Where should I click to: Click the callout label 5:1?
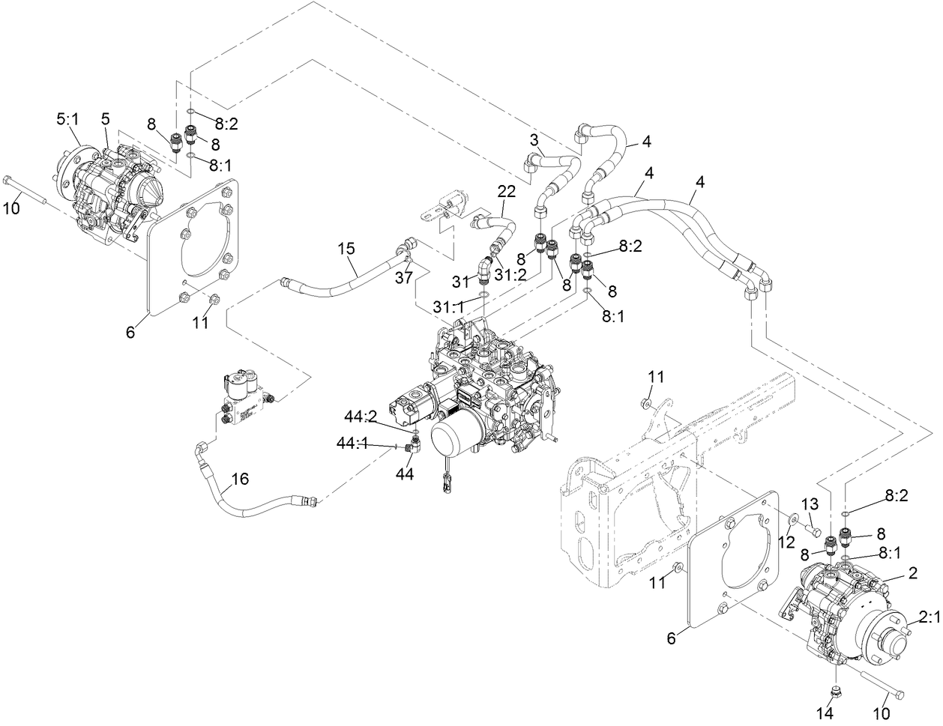pyautogui.click(x=68, y=118)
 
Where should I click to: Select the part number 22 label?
pyautogui.click(x=507, y=192)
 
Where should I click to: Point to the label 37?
pyautogui.click(x=405, y=279)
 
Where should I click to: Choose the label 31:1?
pyautogui.click(x=449, y=306)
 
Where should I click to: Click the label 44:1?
pyautogui.click(x=352, y=445)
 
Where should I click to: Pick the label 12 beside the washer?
pyautogui.click(x=786, y=541)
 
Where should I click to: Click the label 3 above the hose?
pyautogui.click(x=534, y=140)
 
